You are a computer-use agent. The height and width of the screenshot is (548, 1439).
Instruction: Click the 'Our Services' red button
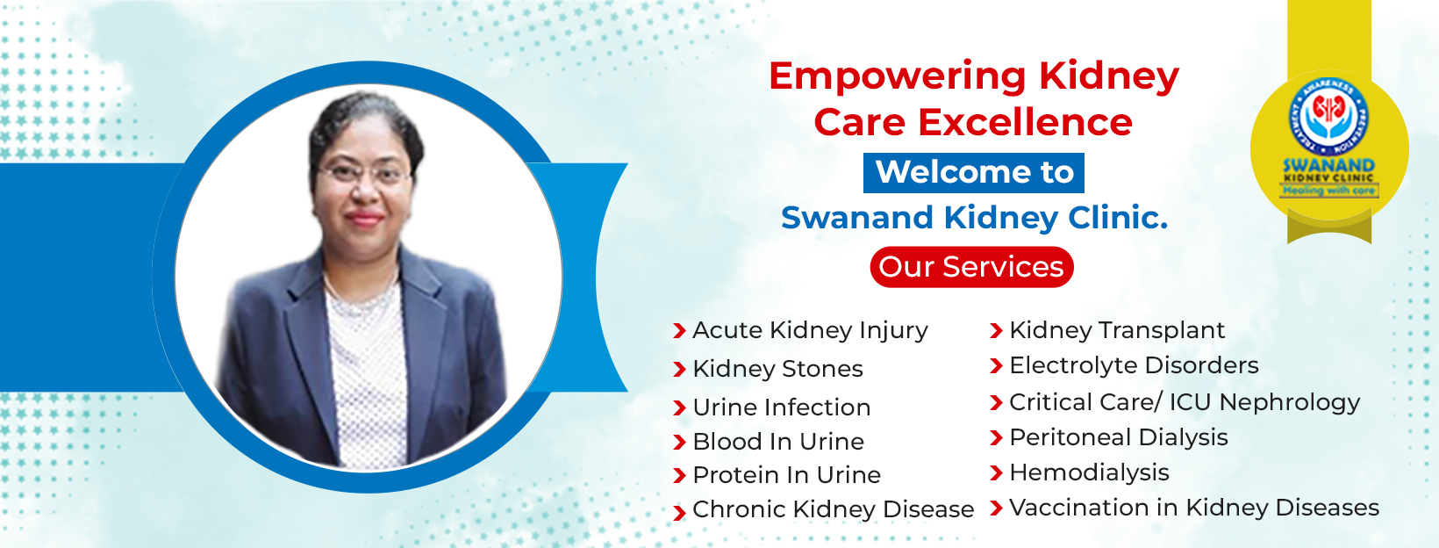(971, 267)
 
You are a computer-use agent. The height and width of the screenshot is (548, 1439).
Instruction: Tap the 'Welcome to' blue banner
(974, 172)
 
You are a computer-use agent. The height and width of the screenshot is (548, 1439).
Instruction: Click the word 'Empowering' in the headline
(897, 76)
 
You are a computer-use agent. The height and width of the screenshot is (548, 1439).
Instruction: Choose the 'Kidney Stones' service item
(777, 369)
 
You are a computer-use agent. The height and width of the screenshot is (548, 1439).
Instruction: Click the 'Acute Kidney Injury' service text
(810, 330)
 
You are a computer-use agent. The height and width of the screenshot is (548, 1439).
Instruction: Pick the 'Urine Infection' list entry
(781, 407)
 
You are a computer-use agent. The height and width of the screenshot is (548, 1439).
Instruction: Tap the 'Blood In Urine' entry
(778, 442)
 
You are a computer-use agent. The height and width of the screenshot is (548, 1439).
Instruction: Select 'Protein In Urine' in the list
(786, 475)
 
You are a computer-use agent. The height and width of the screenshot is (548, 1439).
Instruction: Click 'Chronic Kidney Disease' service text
(833, 509)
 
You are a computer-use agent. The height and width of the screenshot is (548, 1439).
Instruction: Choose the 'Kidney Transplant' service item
(1116, 330)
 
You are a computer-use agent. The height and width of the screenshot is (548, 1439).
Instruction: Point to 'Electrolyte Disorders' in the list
(1134, 365)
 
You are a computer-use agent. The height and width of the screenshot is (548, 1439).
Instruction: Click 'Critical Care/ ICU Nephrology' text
(1184, 402)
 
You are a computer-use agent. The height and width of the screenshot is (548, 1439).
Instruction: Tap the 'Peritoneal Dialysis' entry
(1118, 437)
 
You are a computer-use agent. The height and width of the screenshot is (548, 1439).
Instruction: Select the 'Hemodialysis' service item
(1089, 472)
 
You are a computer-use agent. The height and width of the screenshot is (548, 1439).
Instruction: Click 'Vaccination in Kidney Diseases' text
(1193, 508)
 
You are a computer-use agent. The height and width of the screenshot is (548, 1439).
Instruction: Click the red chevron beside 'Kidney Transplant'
(996, 331)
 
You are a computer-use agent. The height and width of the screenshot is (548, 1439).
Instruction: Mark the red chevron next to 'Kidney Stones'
(679, 370)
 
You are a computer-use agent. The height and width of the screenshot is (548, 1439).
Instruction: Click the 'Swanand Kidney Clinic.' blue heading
(974, 218)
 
